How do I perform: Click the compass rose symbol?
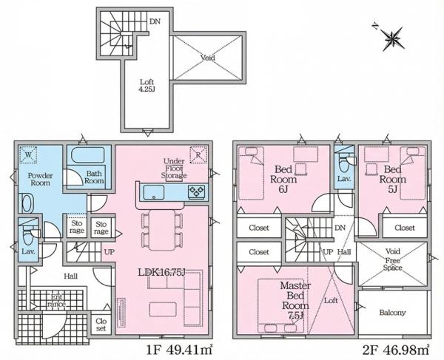pos(393,38)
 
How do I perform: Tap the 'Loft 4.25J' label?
pos(147,86)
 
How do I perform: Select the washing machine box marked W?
pos(28,154)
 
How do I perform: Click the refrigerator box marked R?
pos(198,155)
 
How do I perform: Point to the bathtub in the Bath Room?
pos(88,155)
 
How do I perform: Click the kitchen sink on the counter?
pos(154,192)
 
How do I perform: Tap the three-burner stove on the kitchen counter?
pos(196,191)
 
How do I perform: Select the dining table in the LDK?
pos(162,230)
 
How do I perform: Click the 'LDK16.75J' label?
pos(162,272)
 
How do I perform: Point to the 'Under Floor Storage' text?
pos(174,169)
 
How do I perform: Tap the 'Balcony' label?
pos(392,313)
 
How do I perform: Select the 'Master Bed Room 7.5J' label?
pos(295,300)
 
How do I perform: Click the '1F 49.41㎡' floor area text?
pos(180,350)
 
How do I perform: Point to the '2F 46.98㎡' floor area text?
pos(396,350)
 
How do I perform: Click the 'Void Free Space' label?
pos(393,259)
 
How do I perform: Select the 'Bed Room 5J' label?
pos(393,179)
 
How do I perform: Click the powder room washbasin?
pos(27,203)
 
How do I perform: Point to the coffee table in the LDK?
pos(163,309)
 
